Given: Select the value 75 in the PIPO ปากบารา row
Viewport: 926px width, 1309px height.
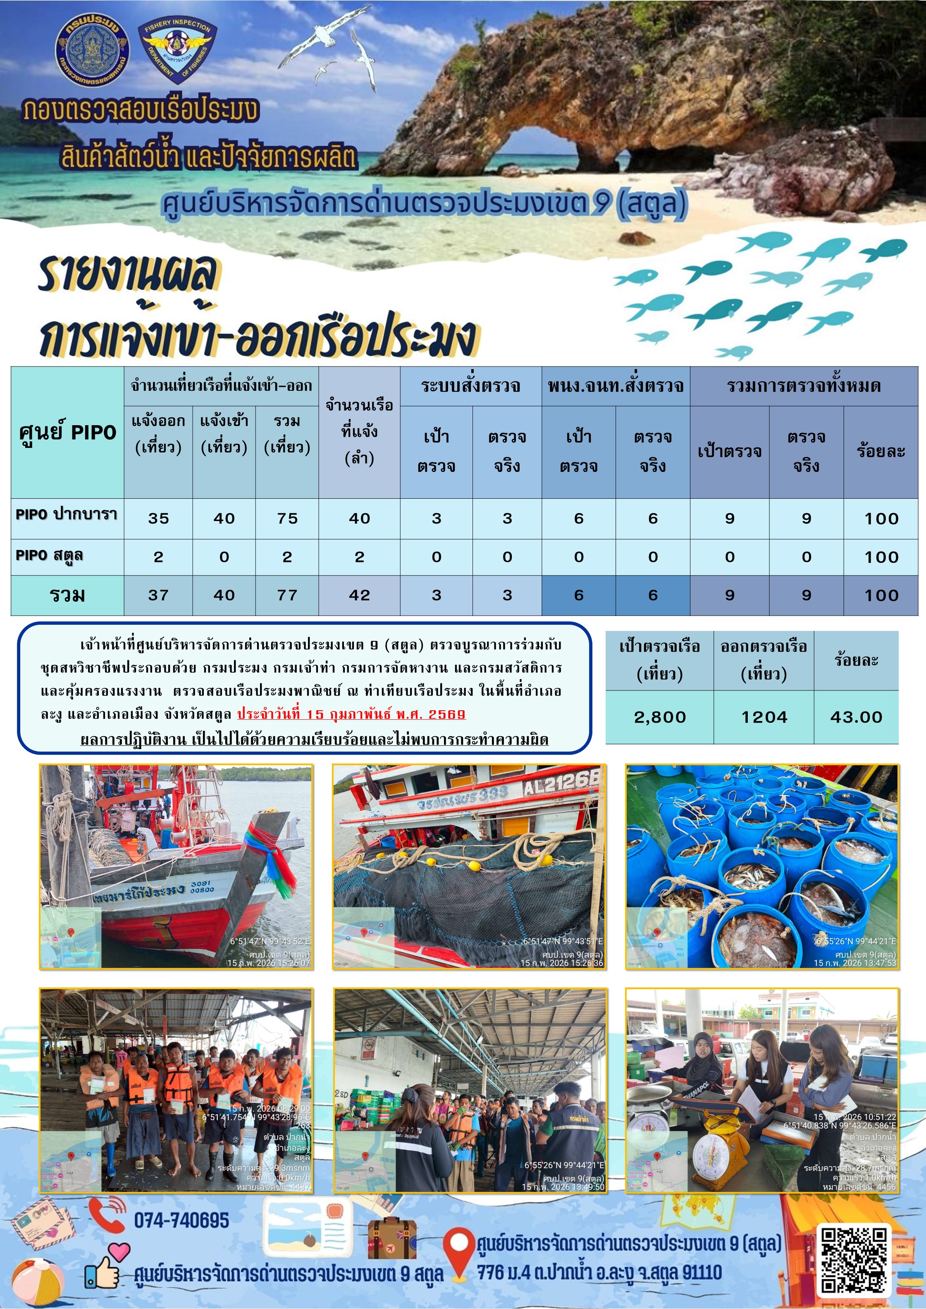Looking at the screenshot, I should pyautogui.click(x=287, y=518).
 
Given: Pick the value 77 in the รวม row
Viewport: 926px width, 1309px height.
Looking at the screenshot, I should pyautogui.click(x=287, y=595).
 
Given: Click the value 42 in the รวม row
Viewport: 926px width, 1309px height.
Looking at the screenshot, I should pyautogui.click(x=360, y=595).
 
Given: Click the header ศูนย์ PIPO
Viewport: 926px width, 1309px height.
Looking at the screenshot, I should pyautogui.click(x=67, y=432).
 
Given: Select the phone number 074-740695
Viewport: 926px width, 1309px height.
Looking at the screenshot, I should pyautogui.click(x=181, y=1220).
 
